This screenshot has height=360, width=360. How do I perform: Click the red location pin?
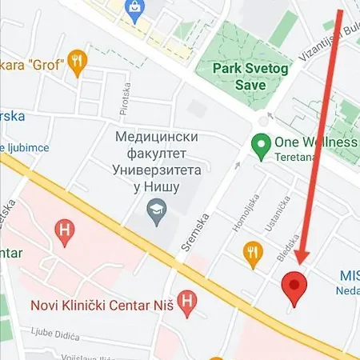[x=295, y=287]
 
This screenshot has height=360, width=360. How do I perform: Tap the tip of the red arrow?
[x=300, y=262]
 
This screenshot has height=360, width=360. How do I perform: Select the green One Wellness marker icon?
[x=259, y=145]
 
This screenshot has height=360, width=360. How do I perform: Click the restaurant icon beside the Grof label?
[x=77, y=62]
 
